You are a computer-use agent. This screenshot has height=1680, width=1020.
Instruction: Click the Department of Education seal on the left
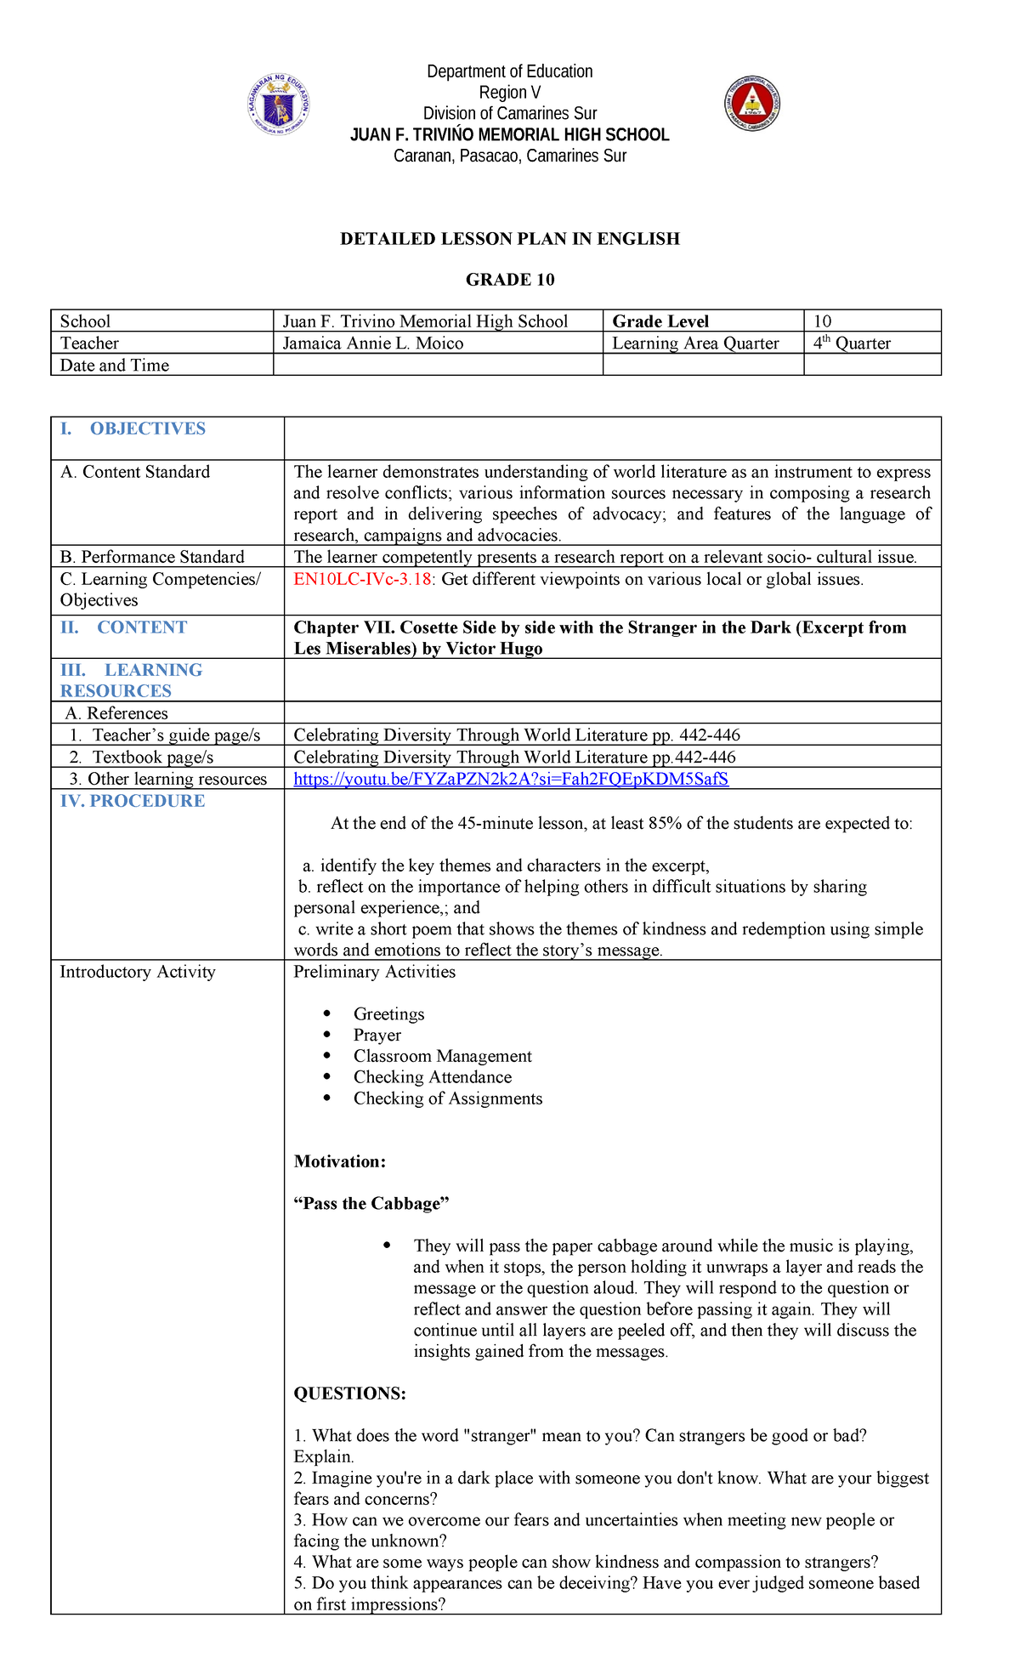click(278, 105)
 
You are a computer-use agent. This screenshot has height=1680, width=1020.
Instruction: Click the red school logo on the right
click(752, 104)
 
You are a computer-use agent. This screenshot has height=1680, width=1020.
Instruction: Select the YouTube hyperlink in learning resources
click(510, 779)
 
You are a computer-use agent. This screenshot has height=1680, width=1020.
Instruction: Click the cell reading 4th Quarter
click(852, 343)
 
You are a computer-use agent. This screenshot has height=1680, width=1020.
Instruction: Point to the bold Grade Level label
click(660, 321)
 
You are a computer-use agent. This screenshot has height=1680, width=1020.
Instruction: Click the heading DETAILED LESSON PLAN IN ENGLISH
click(510, 239)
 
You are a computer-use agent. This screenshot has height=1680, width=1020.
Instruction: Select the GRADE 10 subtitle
click(510, 280)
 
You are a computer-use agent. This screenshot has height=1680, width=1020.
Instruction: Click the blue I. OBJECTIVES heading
click(133, 429)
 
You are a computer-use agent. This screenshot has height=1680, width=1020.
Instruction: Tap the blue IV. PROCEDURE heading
click(133, 801)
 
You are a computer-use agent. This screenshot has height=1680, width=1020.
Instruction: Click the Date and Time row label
click(115, 366)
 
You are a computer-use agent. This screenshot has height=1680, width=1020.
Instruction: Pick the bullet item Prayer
click(377, 1036)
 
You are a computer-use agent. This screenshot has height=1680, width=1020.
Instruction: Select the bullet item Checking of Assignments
click(448, 1098)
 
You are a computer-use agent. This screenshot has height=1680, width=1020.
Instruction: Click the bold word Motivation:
click(340, 1161)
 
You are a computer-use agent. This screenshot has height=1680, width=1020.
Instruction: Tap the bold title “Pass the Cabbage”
click(371, 1204)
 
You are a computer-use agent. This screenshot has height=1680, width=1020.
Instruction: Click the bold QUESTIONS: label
click(350, 1393)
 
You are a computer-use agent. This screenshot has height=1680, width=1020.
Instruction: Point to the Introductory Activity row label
click(138, 972)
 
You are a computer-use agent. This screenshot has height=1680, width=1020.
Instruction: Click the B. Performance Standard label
click(152, 557)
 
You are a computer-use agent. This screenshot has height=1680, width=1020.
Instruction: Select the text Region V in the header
click(510, 93)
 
